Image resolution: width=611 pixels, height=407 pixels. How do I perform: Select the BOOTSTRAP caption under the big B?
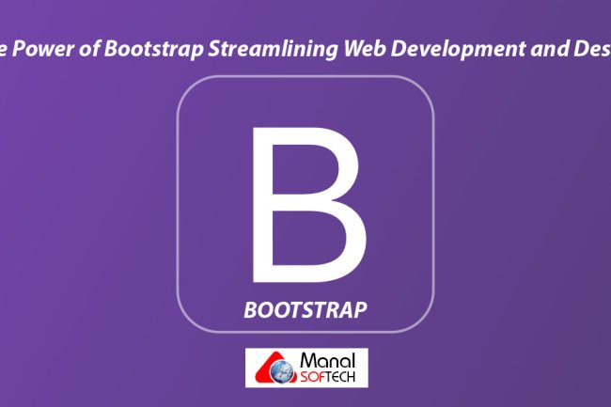point(305,308)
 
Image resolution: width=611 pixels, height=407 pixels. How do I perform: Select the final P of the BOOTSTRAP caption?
point(361,308)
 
